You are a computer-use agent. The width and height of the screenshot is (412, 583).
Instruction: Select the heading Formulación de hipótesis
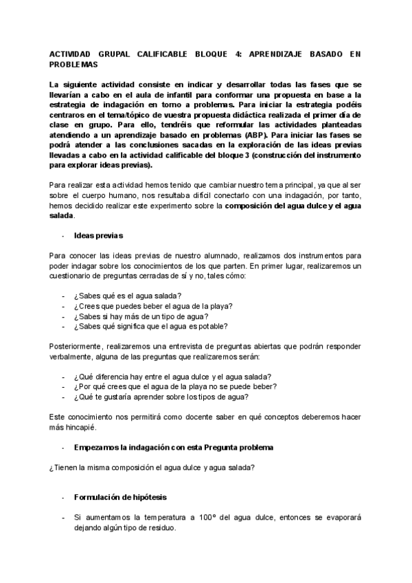[120, 496]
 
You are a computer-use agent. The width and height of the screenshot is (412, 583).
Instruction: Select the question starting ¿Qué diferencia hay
[172, 376]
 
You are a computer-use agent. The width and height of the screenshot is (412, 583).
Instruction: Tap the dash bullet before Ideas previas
[63, 236]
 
